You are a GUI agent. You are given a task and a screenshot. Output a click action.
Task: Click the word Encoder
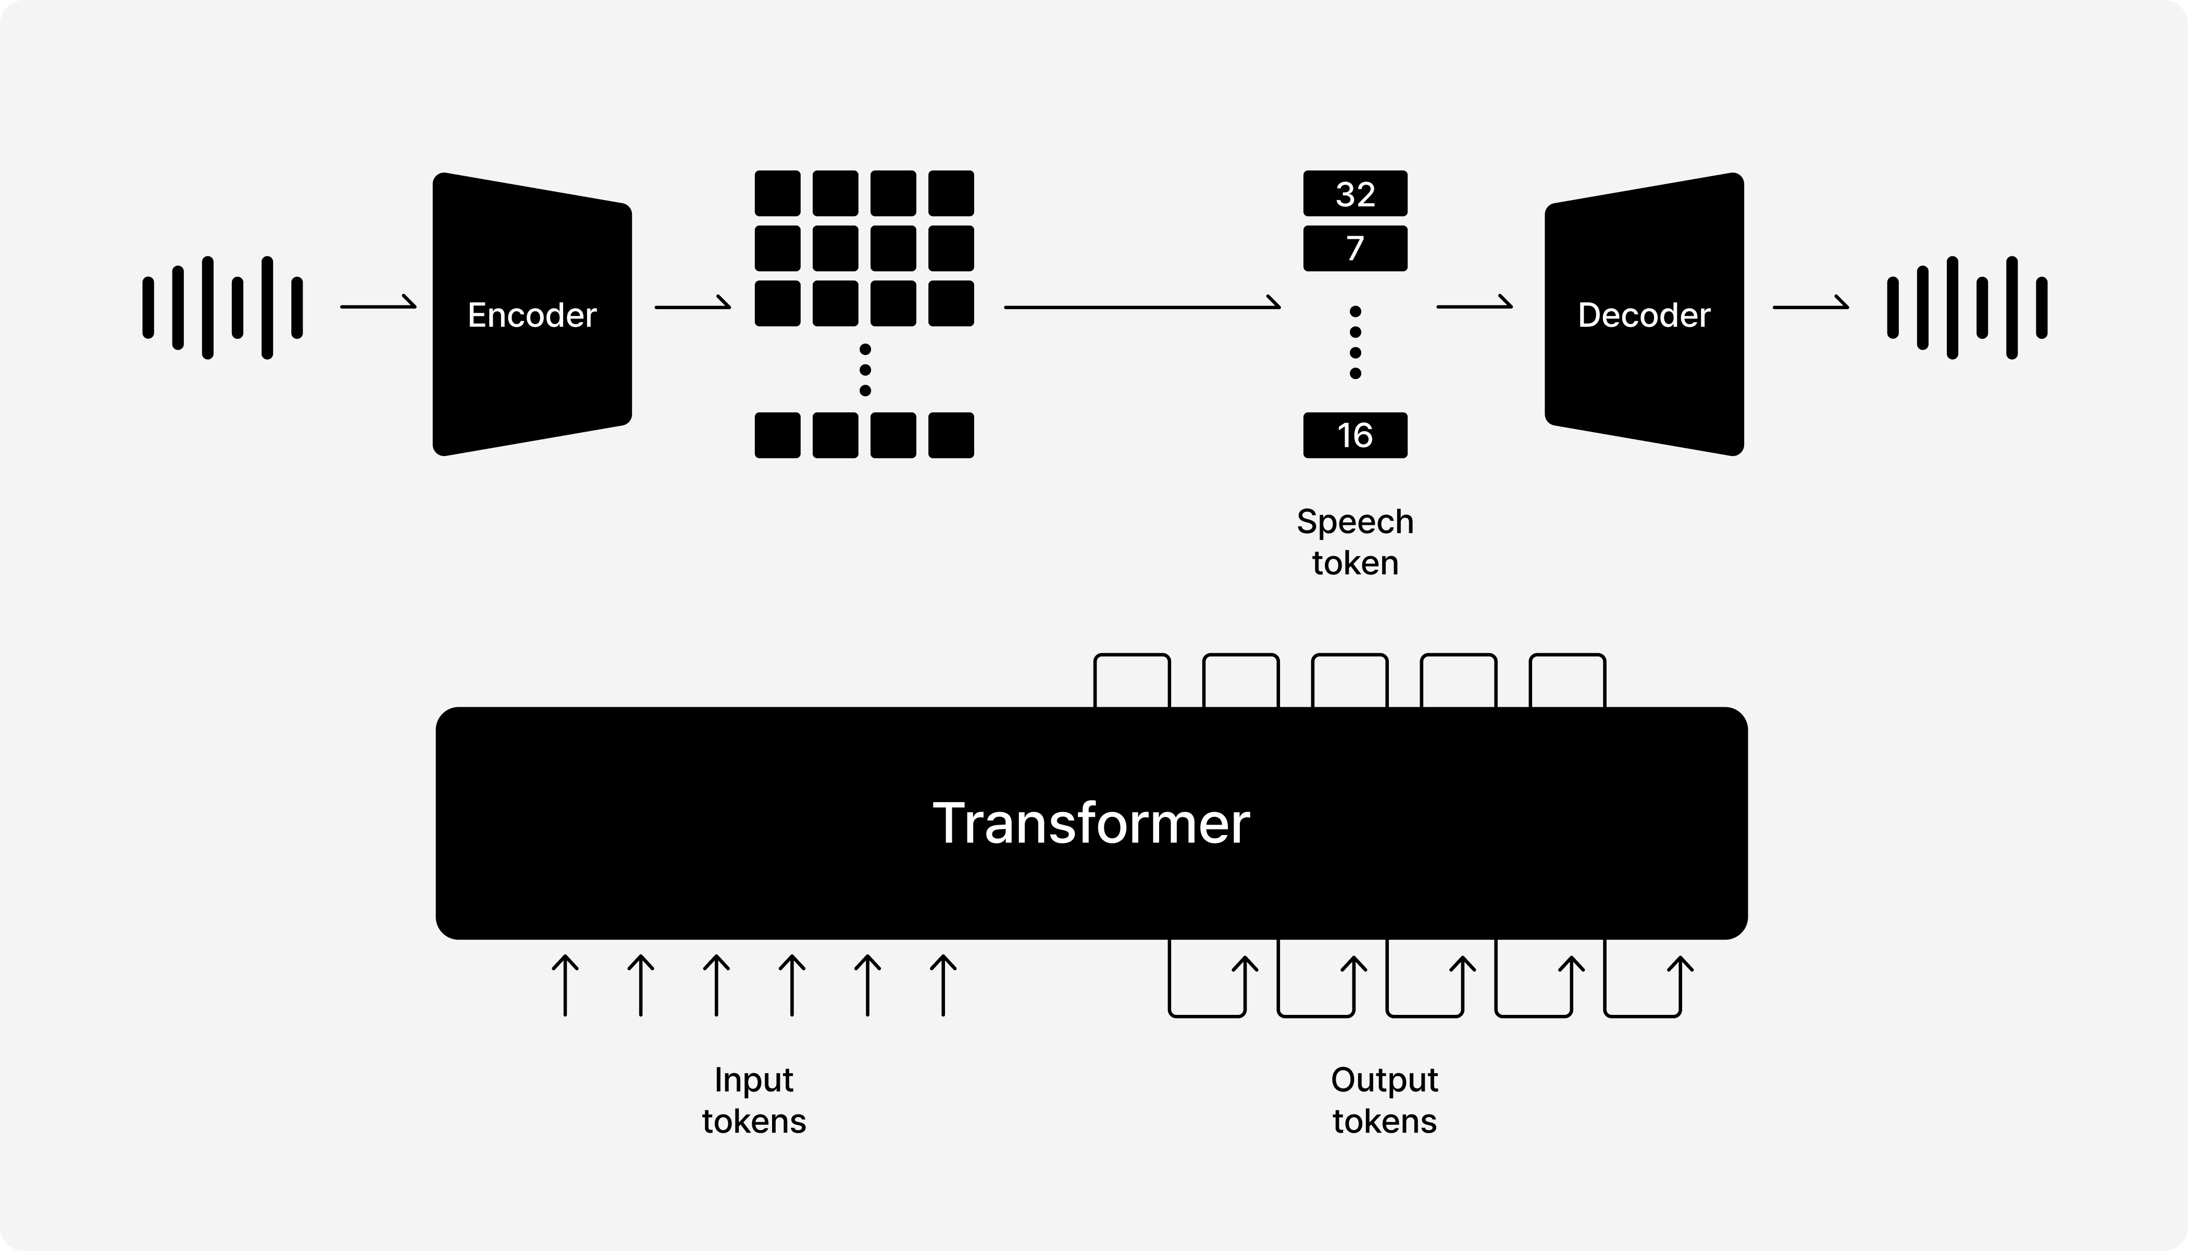531,315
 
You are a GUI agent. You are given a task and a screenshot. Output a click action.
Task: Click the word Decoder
1644,315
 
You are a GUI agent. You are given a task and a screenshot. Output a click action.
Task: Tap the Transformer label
1090,823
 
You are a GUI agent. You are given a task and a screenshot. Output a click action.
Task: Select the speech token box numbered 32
1355,194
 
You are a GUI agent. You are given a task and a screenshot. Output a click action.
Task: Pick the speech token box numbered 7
1355,248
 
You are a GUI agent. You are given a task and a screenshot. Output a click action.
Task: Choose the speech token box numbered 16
1355,436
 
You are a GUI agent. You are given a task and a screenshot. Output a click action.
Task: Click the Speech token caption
1355,542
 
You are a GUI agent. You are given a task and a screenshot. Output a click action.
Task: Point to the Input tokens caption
754,1101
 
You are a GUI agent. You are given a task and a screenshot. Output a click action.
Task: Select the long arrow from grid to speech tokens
1142,306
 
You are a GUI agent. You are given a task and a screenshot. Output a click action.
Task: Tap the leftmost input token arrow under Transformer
565,986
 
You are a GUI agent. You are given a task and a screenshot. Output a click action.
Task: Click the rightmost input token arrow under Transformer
943,986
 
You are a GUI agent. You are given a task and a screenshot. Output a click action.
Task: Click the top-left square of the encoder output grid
777,193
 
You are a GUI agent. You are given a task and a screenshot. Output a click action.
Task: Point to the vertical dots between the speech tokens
1355,342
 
